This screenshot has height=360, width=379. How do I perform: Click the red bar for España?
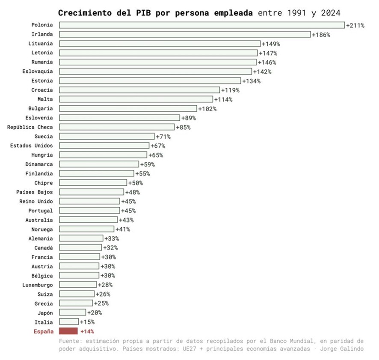[x=68, y=331]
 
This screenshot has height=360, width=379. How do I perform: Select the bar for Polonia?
[x=201, y=25]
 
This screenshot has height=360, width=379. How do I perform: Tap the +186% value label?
[x=321, y=35]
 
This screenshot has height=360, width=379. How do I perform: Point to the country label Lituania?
[x=41, y=44]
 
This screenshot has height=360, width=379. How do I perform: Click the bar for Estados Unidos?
[x=104, y=146]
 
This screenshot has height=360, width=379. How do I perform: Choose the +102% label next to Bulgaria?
[x=207, y=109]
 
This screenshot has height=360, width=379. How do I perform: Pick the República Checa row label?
[x=30, y=127]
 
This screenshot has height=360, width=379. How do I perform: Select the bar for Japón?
[x=72, y=312]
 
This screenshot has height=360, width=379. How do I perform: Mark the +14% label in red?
[x=87, y=331]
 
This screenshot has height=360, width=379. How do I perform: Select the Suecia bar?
[x=107, y=137]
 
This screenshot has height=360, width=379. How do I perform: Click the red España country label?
[x=44, y=331]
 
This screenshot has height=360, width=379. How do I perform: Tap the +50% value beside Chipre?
[x=135, y=183]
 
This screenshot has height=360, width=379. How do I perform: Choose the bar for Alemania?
[x=81, y=238]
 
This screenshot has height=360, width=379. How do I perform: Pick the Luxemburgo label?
[x=38, y=285]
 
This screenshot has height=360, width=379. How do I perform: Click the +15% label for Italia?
[x=87, y=322]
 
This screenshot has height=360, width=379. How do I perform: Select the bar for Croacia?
[x=139, y=90]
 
